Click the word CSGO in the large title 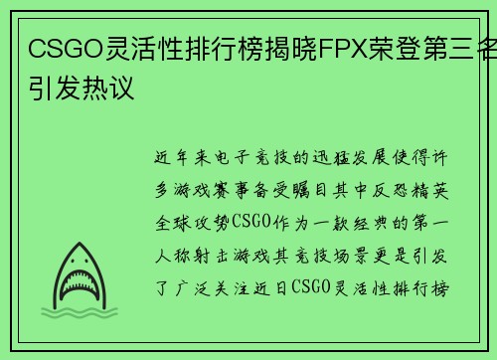point(67,49)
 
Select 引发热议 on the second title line point(82,88)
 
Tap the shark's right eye point(86,262)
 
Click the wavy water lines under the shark point(80,312)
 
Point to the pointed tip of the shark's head point(80,243)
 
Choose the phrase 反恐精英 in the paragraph point(411,190)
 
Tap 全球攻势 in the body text point(193,223)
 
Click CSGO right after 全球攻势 point(251,222)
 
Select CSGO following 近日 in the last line point(311,287)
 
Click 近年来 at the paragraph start point(183,157)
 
